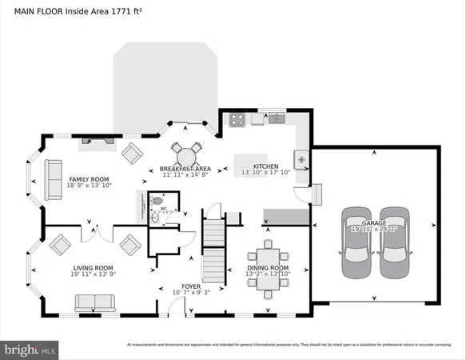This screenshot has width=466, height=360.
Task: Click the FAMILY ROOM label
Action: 89,179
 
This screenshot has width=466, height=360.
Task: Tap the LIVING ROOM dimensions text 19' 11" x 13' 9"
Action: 92,275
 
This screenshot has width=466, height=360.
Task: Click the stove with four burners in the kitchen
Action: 237,120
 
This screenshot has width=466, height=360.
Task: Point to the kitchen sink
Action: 277,120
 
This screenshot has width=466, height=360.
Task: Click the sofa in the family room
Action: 54,179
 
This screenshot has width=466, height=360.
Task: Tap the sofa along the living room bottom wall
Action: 95,302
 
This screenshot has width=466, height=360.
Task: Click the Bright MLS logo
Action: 30,349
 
